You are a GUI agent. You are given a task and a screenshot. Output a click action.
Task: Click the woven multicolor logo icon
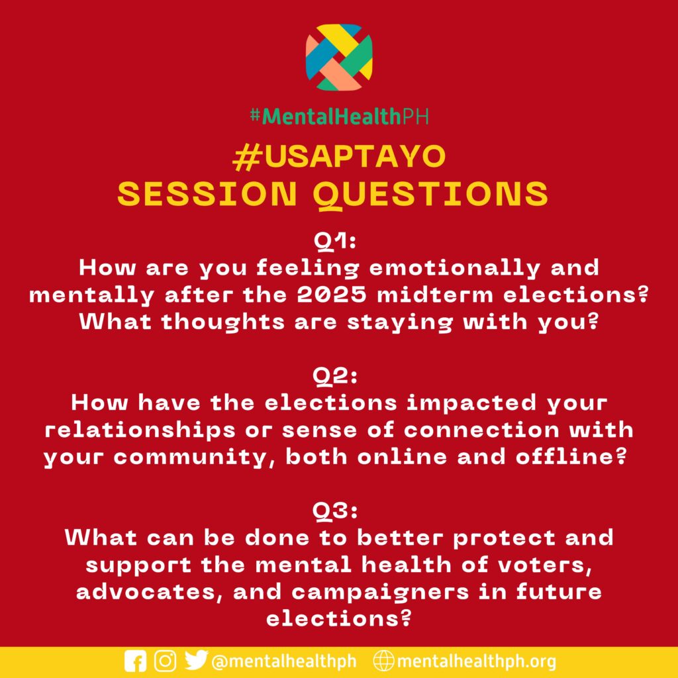(x=339, y=57)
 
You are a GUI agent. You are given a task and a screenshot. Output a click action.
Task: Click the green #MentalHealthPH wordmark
(x=339, y=116)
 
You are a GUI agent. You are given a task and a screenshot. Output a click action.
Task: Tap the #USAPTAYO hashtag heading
(x=339, y=157)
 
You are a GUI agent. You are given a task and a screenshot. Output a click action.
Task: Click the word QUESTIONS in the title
(x=430, y=194)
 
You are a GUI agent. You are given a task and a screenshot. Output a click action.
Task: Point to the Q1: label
(x=335, y=242)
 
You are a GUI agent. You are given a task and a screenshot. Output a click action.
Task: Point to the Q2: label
(x=336, y=377)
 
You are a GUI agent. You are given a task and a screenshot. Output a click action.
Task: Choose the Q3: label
(x=336, y=512)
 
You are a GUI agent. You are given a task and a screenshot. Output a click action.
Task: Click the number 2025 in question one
(x=332, y=295)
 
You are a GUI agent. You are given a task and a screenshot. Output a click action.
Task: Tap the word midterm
(x=434, y=295)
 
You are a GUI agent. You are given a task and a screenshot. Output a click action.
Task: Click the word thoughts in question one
(x=222, y=322)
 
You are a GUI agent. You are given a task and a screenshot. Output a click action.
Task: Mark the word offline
(x=571, y=457)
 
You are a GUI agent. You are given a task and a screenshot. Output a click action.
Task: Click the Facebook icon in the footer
(x=135, y=661)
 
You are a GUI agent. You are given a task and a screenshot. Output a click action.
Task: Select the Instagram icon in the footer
(x=165, y=661)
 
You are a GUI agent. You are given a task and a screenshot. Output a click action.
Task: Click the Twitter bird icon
(x=196, y=660)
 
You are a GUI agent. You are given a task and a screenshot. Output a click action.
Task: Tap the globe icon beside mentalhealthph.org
(x=384, y=661)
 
